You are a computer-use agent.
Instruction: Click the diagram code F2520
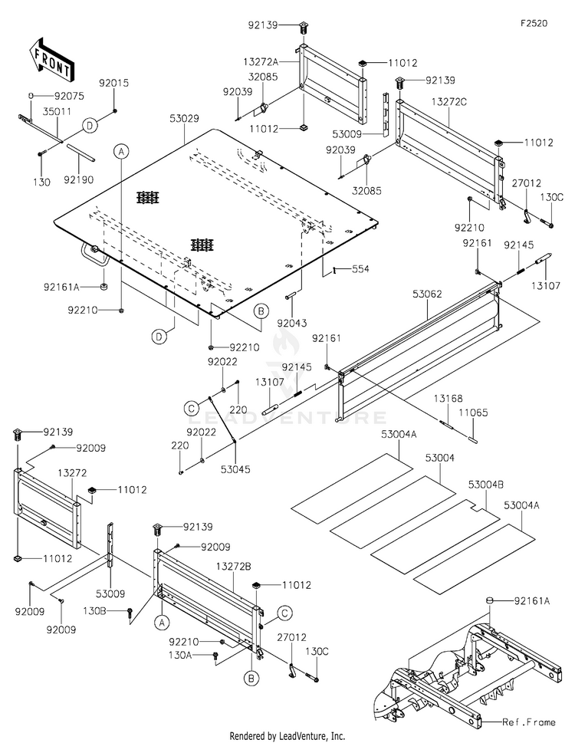(x=534, y=23)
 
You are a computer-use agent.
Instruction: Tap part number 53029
(x=184, y=118)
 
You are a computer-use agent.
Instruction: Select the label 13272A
(x=261, y=61)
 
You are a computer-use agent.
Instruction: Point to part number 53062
(x=427, y=294)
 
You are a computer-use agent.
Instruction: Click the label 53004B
(x=486, y=485)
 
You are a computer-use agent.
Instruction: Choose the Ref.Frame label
(x=529, y=722)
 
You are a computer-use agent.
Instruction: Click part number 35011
(x=58, y=111)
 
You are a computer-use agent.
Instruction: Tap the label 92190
(x=79, y=179)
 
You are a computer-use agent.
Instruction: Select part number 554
(x=360, y=269)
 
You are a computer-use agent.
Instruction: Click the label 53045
(x=235, y=469)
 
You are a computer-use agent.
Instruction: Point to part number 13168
(x=448, y=399)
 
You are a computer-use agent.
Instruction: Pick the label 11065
(x=473, y=413)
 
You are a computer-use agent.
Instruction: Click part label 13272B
(x=234, y=566)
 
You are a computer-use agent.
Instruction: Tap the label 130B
(x=94, y=611)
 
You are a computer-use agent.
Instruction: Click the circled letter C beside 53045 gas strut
(x=192, y=408)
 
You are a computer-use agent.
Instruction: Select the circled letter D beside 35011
(x=90, y=126)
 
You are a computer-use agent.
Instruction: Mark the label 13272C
(x=449, y=102)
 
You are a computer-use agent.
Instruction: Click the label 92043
(x=292, y=323)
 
